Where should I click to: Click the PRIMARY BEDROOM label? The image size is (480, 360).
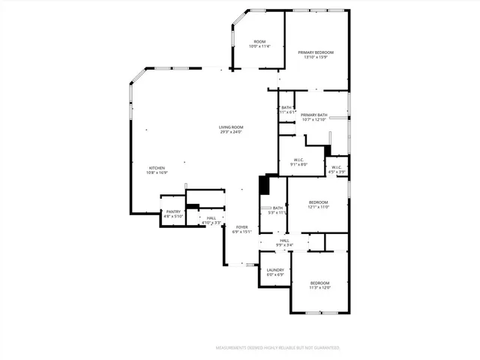[316, 52]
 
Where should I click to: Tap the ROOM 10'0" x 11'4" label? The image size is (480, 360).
[259, 41]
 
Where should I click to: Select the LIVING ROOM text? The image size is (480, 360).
[231, 127]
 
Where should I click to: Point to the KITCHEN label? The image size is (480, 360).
[157, 167]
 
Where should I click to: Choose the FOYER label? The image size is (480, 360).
[241, 226]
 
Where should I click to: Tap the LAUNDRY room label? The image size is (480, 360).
[275, 270]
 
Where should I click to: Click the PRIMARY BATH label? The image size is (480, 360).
[313, 115]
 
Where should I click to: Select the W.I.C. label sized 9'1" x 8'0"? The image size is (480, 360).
[298, 160]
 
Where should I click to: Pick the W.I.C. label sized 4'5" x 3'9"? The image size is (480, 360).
[337, 167]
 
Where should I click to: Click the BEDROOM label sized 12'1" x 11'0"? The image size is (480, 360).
[319, 202]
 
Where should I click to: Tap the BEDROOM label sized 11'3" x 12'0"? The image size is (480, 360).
[320, 282]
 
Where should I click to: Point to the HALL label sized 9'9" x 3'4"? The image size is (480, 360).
[284, 240]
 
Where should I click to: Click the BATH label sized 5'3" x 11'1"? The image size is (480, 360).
[277, 208]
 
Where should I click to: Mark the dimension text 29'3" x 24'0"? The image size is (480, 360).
[231, 132]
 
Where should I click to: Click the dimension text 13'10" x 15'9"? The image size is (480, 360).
[316, 57]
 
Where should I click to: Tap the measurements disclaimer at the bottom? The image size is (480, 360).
[277, 348]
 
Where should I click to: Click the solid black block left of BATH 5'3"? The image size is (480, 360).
[263, 185]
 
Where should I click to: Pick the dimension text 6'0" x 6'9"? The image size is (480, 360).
[275, 274]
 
